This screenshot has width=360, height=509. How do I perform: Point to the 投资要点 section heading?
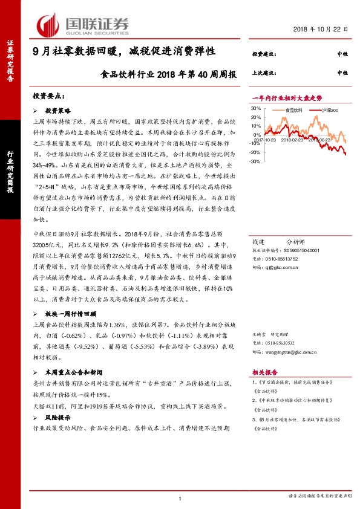point(48,96)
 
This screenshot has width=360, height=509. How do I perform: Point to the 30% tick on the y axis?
point(255,109)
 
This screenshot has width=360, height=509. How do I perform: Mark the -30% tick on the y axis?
point(255,161)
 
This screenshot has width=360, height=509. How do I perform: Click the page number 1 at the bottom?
point(180,498)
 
